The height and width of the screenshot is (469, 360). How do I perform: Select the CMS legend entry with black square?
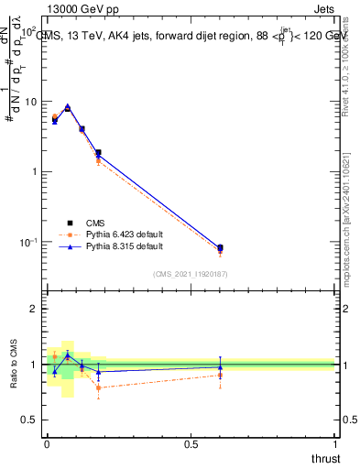click(x=82, y=223)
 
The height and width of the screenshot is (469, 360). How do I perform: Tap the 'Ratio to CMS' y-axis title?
click(x=16, y=365)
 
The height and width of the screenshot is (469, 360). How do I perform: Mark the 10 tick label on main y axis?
click(x=29, y=102)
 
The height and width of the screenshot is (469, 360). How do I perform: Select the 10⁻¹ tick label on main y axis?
click(x=27, y=242)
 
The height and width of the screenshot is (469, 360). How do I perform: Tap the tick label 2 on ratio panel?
click(x=33, y=309)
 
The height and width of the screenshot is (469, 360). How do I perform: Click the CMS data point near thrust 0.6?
click(x=220, y=247)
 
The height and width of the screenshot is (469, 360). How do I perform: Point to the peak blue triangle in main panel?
click(x=67, y=107)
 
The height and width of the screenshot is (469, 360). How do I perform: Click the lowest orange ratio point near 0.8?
click(x=98, y=387)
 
